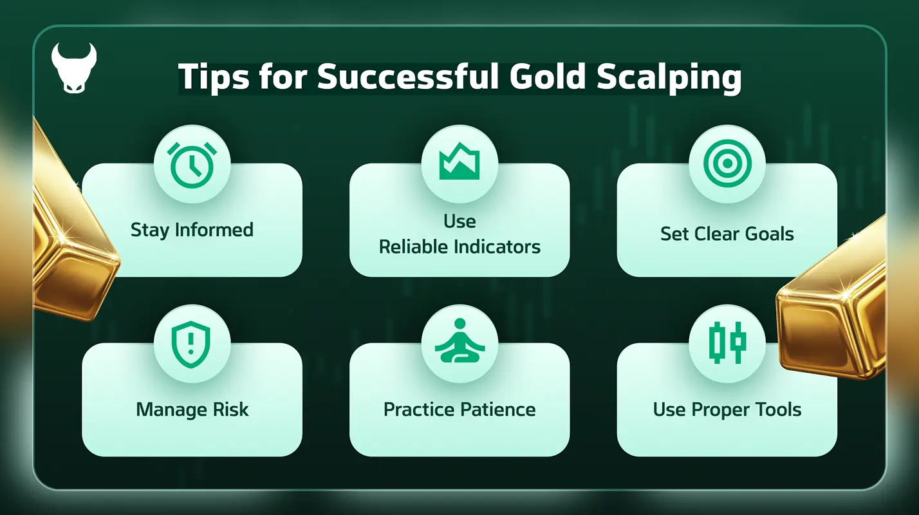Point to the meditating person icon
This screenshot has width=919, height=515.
[x=460, y=341]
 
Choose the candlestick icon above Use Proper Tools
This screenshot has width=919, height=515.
[x=727, y=341]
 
